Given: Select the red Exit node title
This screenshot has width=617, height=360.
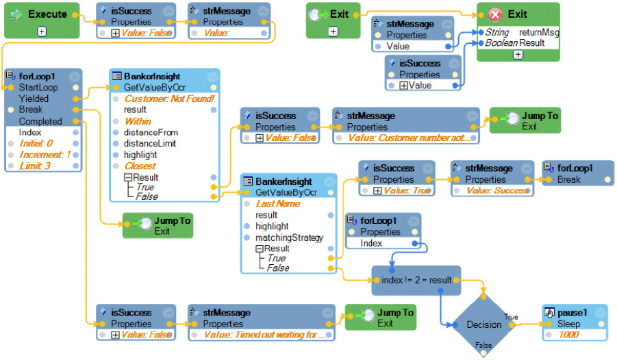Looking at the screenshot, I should click(x=517, y=14).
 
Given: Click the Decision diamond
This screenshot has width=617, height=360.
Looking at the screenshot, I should click(x=483, y=324).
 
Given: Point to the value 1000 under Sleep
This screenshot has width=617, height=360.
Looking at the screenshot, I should click(x=568, y=335).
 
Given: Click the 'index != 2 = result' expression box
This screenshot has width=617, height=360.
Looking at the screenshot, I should click(x=416, y=281).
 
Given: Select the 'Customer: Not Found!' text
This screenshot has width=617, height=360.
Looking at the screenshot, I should click(x=168, y=99).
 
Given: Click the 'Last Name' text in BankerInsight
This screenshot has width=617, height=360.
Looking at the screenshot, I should click(x=278, y=204).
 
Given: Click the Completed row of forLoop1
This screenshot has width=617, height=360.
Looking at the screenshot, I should click(x=40, y=121).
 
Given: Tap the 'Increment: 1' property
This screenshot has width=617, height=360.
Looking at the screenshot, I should click(x=45, y=155).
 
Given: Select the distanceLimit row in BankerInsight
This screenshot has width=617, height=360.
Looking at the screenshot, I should click(x=150, y=144).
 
